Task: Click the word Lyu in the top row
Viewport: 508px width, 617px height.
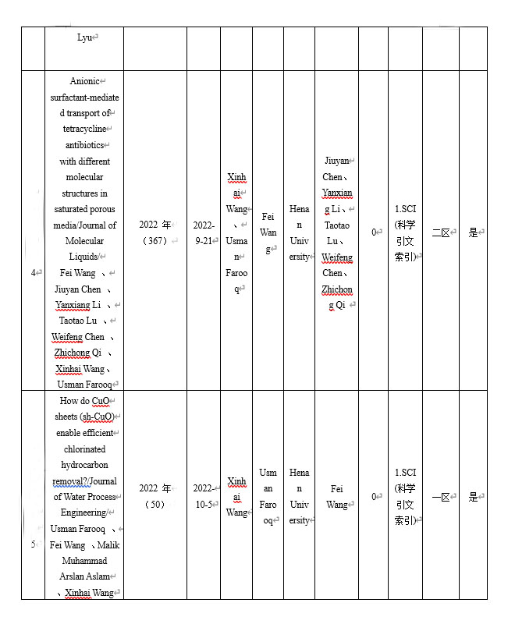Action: coord(83,37)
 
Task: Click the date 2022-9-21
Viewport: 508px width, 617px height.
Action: coord(204,232)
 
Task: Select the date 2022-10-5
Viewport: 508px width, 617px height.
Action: coord(204,497)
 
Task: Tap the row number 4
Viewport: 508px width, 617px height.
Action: coord(33,273)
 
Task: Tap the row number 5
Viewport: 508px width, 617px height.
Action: coord(33,544)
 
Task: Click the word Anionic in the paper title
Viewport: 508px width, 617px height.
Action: coord(85,81)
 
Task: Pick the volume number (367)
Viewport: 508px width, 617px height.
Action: coord(155,241)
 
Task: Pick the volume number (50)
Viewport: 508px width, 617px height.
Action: coord(155,505)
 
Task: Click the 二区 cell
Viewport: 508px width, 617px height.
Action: coord(439,232)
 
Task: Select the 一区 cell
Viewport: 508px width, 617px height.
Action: coord(439,497)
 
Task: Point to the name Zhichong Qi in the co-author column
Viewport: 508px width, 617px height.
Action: coord(336,297)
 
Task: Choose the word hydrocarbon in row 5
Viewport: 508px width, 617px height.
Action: coord(83,465)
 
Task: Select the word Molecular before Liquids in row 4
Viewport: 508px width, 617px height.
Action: coord(84,241)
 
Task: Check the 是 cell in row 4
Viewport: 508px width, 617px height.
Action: coord(472,232)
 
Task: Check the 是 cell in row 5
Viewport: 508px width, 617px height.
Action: coord(472,497)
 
